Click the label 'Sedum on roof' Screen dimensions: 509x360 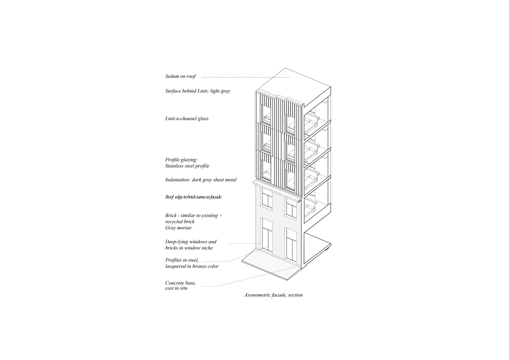(180, 76)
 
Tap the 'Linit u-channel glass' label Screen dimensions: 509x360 (187, 118)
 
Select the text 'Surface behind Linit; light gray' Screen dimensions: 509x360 (198, 91)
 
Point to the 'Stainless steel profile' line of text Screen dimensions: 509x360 (187, 166)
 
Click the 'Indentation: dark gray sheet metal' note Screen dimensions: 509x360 (201, 180)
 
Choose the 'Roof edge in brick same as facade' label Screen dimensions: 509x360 (193, 197)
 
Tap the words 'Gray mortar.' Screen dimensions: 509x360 (179, 228)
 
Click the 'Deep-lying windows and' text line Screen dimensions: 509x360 (191, 242)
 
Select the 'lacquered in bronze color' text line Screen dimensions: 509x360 (192, 266)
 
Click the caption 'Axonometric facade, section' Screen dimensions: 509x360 (274, 295)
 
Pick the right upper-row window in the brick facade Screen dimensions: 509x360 (291, 209)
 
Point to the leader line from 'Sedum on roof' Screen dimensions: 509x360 (245, 77)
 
